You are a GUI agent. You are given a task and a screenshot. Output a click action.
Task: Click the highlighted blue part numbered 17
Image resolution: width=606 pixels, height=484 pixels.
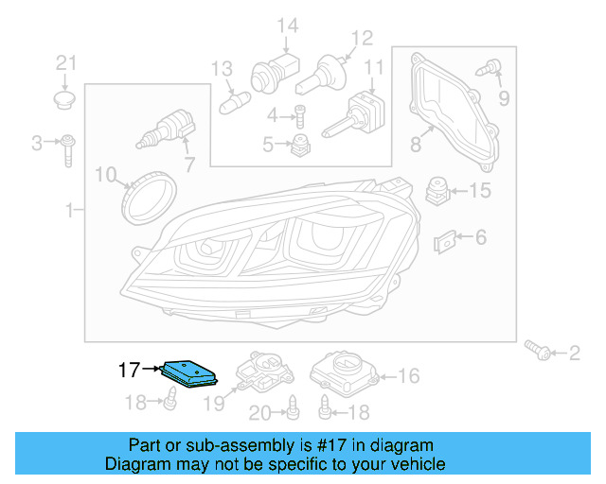[x=192, y=373]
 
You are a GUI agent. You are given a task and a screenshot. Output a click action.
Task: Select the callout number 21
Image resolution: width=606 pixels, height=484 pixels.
[x=64, y=63]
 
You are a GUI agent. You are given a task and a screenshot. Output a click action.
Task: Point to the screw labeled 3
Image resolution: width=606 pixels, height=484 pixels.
[x=69, y=148]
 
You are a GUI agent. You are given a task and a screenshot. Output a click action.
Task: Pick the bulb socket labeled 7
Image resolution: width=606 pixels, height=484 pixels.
[x=167, y=129]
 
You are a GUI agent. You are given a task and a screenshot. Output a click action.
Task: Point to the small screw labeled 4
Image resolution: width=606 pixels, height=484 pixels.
[x=299, y=117]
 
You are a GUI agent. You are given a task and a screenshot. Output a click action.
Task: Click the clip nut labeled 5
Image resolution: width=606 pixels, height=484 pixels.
[x=301, y=146]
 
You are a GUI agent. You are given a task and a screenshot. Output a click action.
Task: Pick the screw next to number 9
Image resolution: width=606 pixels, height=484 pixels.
[x=490, y=67]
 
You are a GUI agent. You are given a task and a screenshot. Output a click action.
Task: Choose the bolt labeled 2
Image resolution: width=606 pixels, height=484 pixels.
[x=541, y=352]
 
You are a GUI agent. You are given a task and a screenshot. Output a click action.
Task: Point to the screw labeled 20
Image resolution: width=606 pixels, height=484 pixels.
[x=293, y=406]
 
